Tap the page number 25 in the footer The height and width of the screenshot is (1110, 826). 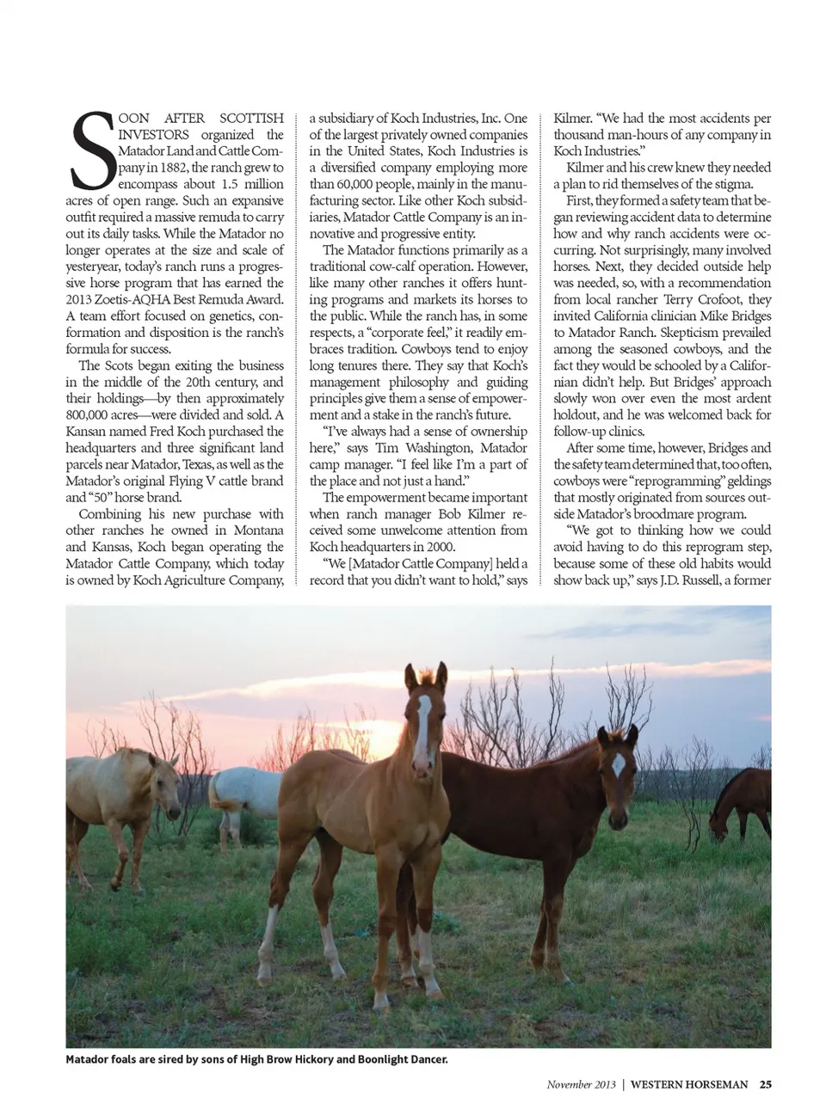click(x=765, y=1084)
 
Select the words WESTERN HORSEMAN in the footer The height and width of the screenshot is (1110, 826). click(x=689, y=1084)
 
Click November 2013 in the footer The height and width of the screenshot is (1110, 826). click(x=581, y=1084)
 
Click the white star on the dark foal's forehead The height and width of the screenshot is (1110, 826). click(x=618, y=764)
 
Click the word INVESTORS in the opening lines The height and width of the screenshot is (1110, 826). click(x=154, y=135)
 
